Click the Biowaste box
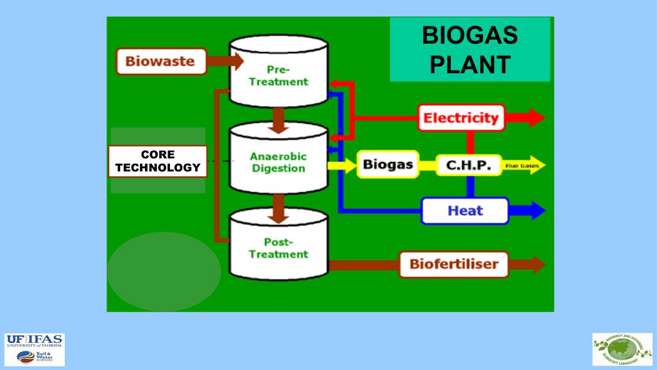pos(160,62)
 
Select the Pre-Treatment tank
pos(278,74)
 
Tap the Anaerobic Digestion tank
pos(278,161)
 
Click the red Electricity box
pos(461,118)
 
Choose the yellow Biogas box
pos(388,164)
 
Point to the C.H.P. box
pos(468,165)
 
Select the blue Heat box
pos(465,211)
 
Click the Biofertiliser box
pos(454,263)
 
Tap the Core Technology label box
pos(157,161)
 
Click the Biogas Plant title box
pos(470,50)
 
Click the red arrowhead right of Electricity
pos(536,118)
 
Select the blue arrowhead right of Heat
pos(536,210)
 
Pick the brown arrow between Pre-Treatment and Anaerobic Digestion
pos(278,120)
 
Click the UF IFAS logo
pos(35,349)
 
